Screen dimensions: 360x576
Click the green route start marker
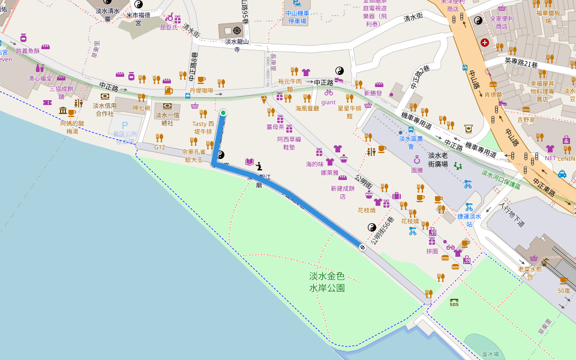click(223, 113)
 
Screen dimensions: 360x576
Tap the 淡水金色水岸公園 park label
click(327, 282)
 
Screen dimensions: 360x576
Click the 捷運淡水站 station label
click(470, 220)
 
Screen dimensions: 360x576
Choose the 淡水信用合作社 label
click(104, 109)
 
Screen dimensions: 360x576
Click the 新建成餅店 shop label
click(343, 192)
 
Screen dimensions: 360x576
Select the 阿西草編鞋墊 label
click(289, 143)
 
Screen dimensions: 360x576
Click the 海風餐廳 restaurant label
click(307, 108)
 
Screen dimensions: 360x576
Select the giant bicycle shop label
click(328, 102)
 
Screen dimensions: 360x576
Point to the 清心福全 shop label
click(40, 79)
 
